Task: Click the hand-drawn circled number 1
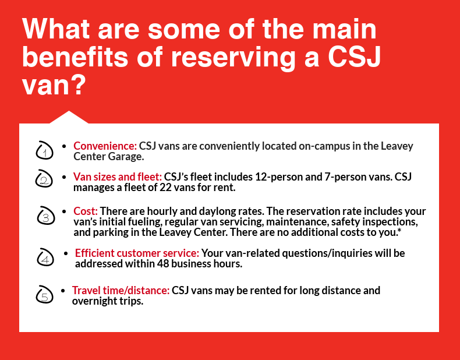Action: pos(44,150)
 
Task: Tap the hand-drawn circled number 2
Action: pos(44,179)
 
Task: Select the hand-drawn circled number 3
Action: pos(46,216)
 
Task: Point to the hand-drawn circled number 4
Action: pos(45,257)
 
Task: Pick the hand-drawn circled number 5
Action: pos(45,295)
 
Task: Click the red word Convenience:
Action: pos(105,146)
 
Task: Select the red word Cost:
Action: pos(86,211)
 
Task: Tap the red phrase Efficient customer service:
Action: pos(137,253)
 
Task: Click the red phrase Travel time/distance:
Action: pos(121,291)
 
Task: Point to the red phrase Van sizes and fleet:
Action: pos(118,177)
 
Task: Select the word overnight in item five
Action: pos(94,301)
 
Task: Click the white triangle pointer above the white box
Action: pos(69,118)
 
